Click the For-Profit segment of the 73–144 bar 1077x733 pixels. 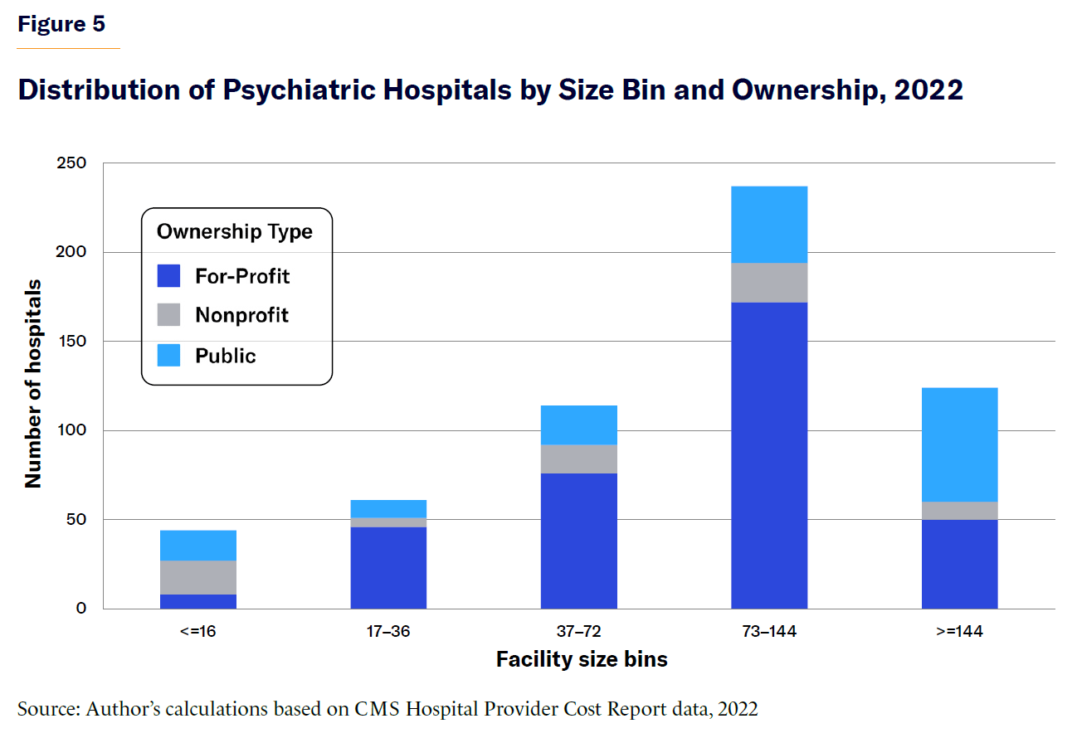[769, 455]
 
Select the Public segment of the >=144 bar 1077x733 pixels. [959, 444]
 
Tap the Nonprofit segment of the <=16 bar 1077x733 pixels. [198, 577]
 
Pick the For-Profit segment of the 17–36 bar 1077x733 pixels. [388, 568]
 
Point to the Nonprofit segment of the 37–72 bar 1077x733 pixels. [579, 459]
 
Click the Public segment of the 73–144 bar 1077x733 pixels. [769, 225]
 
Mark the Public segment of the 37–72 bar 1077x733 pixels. [579, 425]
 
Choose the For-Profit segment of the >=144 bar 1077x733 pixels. [959, 564]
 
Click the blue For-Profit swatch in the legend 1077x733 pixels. [168, 275]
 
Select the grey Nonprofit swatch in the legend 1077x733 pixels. [168, 315]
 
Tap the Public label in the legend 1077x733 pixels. [226, 356]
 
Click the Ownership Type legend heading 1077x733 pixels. [235, 231]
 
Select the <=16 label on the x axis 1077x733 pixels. [198, 632]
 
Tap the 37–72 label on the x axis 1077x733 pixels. [579, 632]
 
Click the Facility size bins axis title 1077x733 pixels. [582, 659]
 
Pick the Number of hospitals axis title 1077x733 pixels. [33, 384]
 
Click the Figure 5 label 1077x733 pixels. [61, 24]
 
